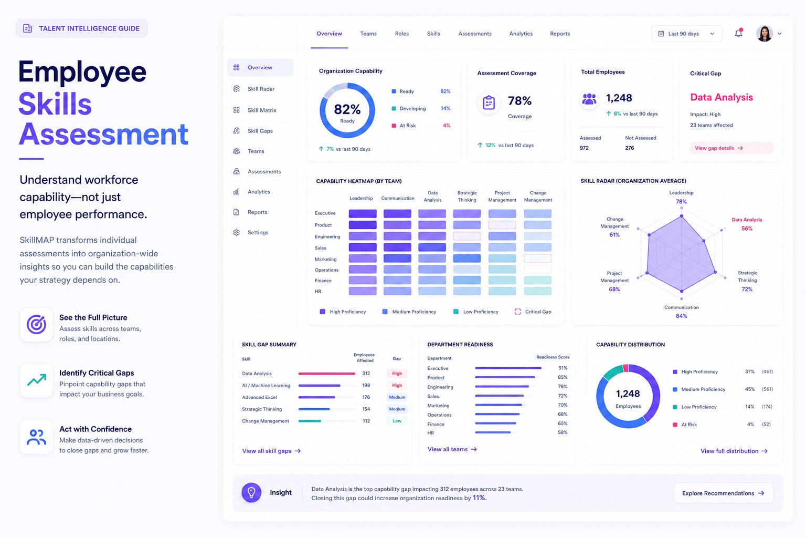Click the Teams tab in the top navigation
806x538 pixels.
pyautogui.click(x=368, y=34)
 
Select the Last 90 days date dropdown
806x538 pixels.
pyautogui.click(x=686, y=34)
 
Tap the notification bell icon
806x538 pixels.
pyautogui.click(x=738, y=33)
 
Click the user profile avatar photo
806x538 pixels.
pyautogui.click(x=765, y=34)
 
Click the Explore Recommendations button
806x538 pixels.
pyautogui.click(x=723, y=493)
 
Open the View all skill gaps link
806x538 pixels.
pyautogui.click(x=271, y=451)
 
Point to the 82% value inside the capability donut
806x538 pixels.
pyautogui.click(x=347, y=109)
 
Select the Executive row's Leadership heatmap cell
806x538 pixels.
pyautogui.click(x=363, y=213)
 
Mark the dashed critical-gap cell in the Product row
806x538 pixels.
pyautogui.click(x=502, y=225)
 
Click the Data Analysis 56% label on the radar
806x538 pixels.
pyautogui.click(x=747, y=224)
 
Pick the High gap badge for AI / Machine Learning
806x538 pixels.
pyautogui.click(x=397, y=385)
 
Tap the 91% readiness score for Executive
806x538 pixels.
pyautogui.click(x=563, y=368)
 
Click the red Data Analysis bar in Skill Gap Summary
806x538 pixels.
pyautogui.click(x=327, y=374)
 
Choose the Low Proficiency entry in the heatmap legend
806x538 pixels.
pyautogui.click(x=476, y=312)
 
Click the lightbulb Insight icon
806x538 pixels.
pyautogui.click(x=251, y=493)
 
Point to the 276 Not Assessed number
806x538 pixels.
pyautogui.click(x=629, y=148)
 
